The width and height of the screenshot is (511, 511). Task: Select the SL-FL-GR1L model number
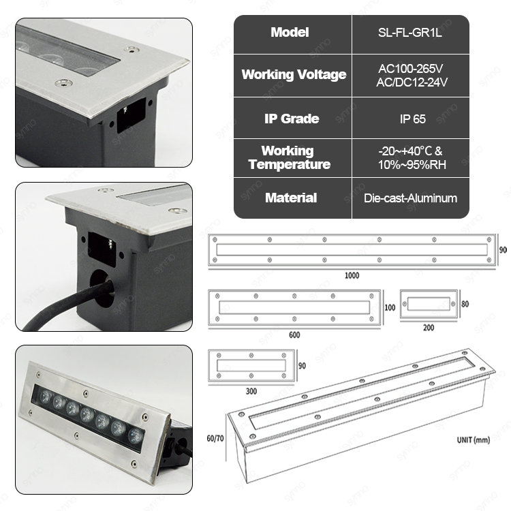coord(410,33)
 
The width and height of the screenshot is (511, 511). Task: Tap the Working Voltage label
coord(294,75)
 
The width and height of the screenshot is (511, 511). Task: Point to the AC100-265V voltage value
coord(411,68)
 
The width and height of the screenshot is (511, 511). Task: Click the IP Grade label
coord(292,119)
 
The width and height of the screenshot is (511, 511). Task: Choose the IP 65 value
coord(413,119)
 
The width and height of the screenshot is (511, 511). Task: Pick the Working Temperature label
coord(290,157)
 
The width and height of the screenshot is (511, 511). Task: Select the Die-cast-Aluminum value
coord(411,198)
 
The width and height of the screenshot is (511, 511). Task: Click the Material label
coord(291,198)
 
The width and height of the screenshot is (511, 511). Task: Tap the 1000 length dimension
coord(352,276)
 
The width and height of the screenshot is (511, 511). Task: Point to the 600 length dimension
coord(294,335)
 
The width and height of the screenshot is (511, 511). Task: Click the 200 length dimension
coord(429,328)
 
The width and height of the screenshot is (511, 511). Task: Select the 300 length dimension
coord(251,391)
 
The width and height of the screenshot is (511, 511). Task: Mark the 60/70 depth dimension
coord(215,438)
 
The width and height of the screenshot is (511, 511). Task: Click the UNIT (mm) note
coord(474,440)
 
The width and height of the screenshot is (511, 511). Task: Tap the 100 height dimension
coord(390,308)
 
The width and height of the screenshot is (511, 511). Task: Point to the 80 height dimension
coord(465,304)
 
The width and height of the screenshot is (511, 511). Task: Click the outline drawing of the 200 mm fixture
coord(429,304)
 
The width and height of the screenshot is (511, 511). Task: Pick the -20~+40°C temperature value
coord(410,151)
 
